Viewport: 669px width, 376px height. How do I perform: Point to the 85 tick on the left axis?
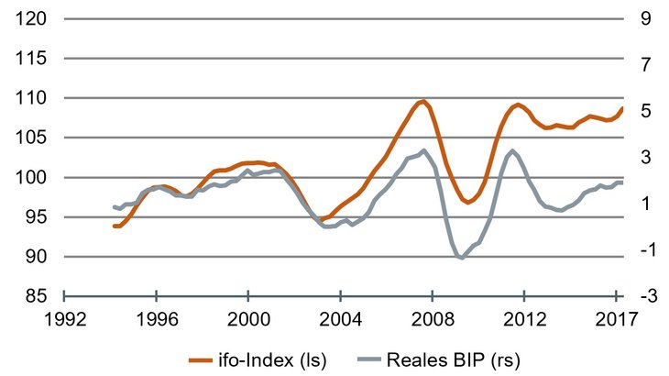pos(30,296)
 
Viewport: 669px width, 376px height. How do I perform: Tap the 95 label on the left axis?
pos(30,217)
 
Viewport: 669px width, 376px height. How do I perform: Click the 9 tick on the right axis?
pos(645,18)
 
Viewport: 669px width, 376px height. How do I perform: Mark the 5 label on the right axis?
pos(645,111)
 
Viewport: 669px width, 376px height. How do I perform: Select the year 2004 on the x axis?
pos(340,322)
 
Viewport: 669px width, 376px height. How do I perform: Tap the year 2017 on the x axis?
pos(615,322)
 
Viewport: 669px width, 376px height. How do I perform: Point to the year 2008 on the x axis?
pos(432,322)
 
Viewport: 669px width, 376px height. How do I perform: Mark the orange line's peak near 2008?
pos(422,101)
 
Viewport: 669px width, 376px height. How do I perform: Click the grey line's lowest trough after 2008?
pos(461,259)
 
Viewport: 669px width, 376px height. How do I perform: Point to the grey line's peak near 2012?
pos(511,150)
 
